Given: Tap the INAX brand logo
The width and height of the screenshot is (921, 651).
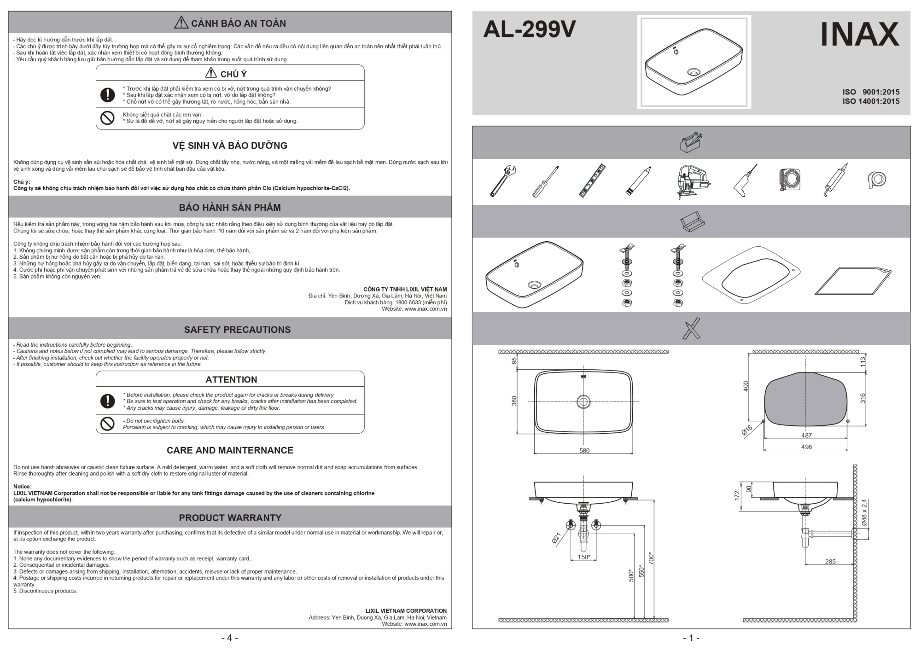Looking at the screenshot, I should pos(859,34).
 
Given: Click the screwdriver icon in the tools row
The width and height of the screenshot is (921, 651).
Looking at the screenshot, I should pos(546,181).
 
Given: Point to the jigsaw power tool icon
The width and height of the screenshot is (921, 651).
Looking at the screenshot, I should pos(691,181).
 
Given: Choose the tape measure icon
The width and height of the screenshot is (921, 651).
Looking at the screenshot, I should pos(790,180).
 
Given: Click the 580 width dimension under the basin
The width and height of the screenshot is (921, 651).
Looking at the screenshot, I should pos(584,451).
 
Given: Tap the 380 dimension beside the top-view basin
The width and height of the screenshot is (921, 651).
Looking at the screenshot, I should pos(514,401).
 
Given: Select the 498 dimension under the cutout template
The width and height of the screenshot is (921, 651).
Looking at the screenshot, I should pos(806,447).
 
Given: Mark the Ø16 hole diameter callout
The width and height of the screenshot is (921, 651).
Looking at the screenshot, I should pos(746,431).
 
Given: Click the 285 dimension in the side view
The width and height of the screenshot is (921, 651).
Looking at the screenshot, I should pos(830,562).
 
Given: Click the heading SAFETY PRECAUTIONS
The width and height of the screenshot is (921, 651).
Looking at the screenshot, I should pos(237,330).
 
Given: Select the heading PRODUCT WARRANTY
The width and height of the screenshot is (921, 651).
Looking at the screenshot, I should pos(230,518).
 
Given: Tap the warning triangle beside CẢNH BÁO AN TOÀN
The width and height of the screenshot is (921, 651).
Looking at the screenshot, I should pos(181,23).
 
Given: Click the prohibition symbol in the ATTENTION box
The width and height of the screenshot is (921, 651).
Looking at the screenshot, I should pos(107,424).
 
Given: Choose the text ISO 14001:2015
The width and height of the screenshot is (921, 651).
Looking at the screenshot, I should pos(871,101).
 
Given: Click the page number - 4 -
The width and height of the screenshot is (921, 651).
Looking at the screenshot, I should pos(230,638).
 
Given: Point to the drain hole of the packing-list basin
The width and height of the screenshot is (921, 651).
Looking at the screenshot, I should pos(535,285).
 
